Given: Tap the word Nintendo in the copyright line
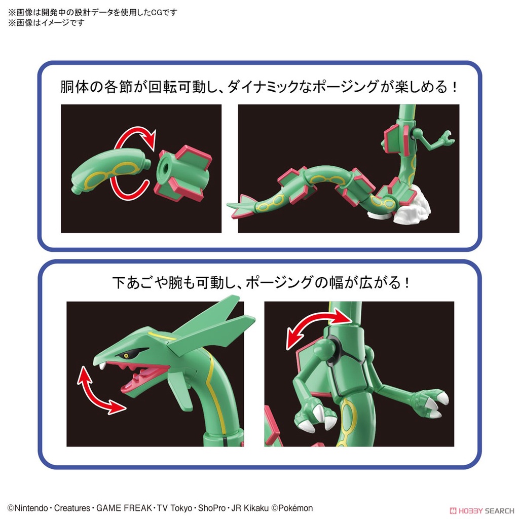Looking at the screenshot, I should pos(31,508).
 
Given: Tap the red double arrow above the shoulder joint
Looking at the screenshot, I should pos(319,328).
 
